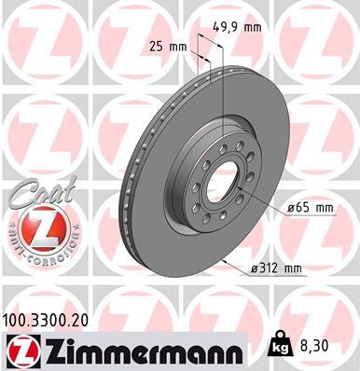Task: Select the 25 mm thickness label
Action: point(165,46)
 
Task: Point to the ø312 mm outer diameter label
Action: point(277,269)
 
